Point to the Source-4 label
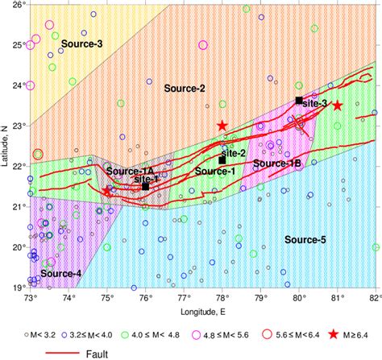(x=61, y=274)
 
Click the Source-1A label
(x=130, y=172)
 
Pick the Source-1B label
(x=277, y=163)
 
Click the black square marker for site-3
(x=299, y=100)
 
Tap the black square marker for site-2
(x=222, y=159)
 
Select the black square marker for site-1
(x=146, y=186)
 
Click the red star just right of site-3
(x=338, y=106)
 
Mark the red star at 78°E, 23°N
(x=222, y=126)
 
